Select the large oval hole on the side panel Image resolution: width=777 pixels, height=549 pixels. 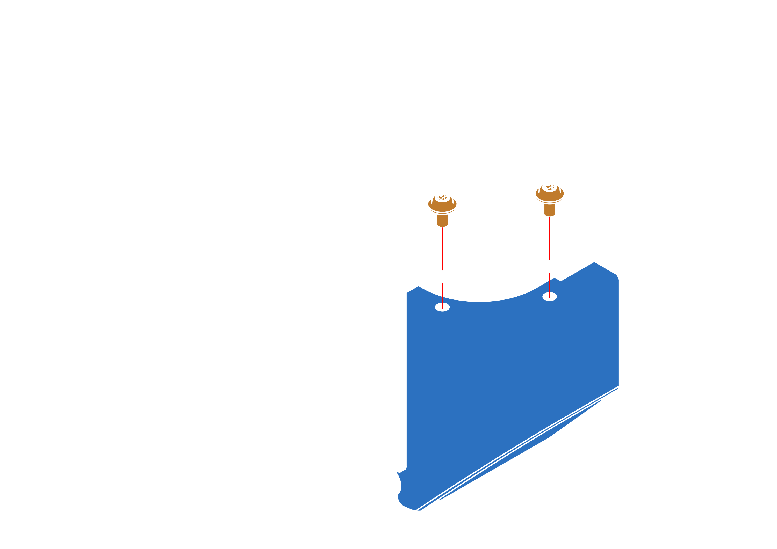pos(367,363)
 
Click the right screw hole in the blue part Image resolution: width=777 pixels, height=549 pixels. pos(550,297)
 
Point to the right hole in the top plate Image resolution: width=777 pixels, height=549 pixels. pos(550,255)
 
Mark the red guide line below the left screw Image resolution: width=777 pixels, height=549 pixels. pos(442,247)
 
